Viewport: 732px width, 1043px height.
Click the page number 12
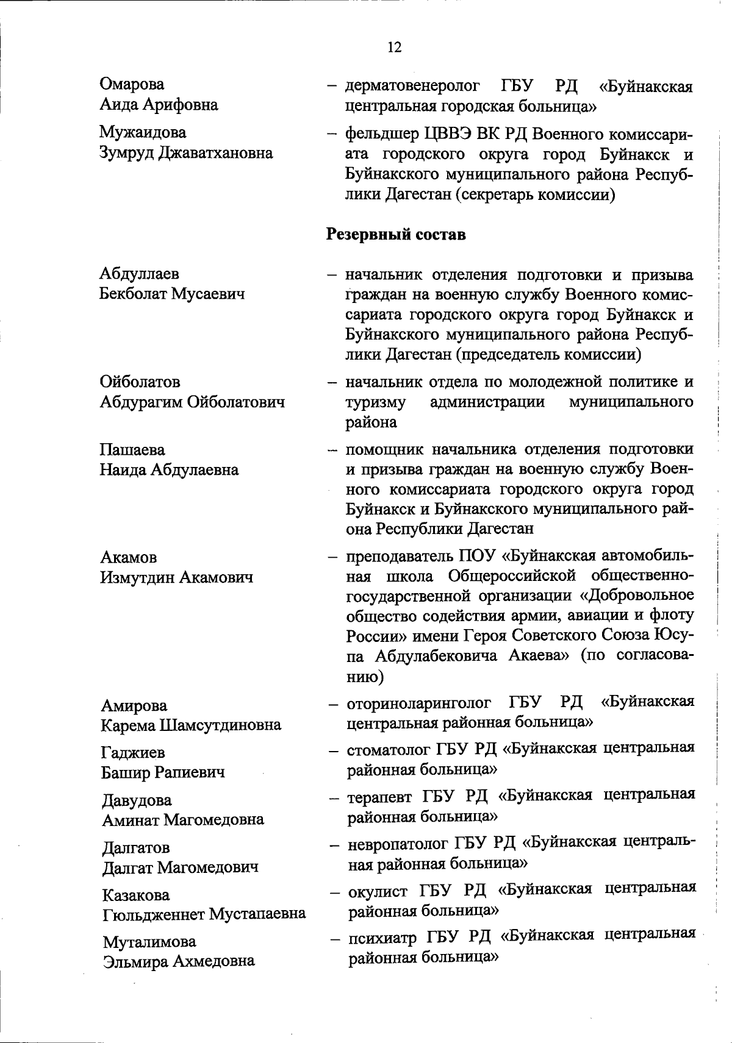pos(394,47)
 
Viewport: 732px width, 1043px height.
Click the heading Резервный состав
pos(396,234)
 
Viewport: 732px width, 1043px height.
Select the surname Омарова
pos(132,84)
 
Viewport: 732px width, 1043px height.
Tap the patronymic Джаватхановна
pos(216,152)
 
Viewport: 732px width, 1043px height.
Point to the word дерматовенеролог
pos(412,87)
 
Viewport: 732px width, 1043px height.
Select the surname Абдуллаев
pos(139,274)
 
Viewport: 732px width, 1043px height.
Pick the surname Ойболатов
pos(140,382)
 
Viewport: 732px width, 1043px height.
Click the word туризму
pos(376,402)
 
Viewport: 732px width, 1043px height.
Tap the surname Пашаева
pos(132,450)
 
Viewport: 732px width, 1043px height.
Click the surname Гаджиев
pos(133,753)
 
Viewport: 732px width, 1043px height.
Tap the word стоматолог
pos(389,749)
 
